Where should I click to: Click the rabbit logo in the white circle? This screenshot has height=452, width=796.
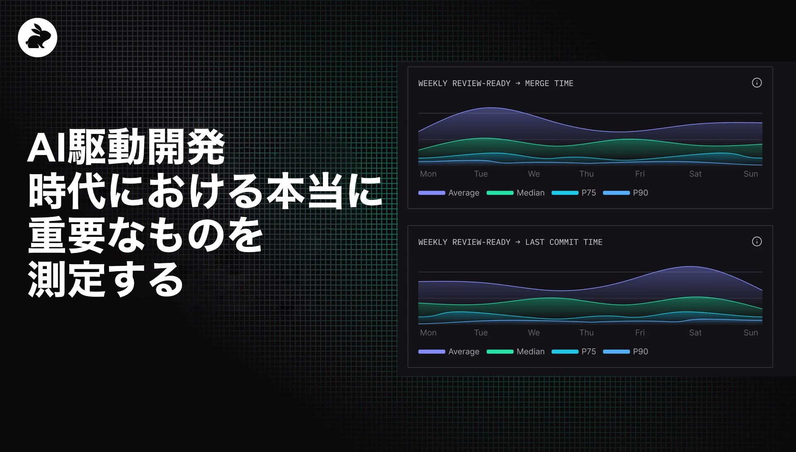click(x=37, y=37)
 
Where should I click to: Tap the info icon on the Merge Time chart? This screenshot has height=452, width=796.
click(x=757, y=83)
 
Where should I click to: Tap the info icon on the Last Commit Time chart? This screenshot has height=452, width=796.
click(x=757, y=242)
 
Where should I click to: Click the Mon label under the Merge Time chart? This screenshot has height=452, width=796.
click(x=428, y=174)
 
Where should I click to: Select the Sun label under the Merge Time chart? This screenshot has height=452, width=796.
click(x=750, y=174)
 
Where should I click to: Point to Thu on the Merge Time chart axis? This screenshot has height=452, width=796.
click(x=586, y=174)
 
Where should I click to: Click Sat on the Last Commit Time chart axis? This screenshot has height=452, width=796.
click(x=695, y=333)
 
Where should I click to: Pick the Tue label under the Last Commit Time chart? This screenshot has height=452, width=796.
click(x=481, y=333)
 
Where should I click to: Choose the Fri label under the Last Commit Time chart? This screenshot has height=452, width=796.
click(x=640, y=333)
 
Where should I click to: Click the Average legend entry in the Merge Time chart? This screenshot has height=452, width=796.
click(x=464, y=193)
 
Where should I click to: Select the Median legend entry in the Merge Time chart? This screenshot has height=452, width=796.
click(x=530, y=193)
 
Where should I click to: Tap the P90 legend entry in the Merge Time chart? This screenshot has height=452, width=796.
click(x=640, y=193)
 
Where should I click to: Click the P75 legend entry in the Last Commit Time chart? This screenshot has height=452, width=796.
click(x=588, y=352)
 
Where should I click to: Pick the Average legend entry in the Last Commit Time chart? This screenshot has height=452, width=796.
click(x=464, y=352)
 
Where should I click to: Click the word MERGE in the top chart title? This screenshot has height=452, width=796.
click(x=537, y=83)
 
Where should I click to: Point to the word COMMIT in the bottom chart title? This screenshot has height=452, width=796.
click(x=564, y=242)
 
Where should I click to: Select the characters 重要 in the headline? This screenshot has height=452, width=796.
click(x=66, y=235)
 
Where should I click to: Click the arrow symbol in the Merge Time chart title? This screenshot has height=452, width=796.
click(x=518, y=83)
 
